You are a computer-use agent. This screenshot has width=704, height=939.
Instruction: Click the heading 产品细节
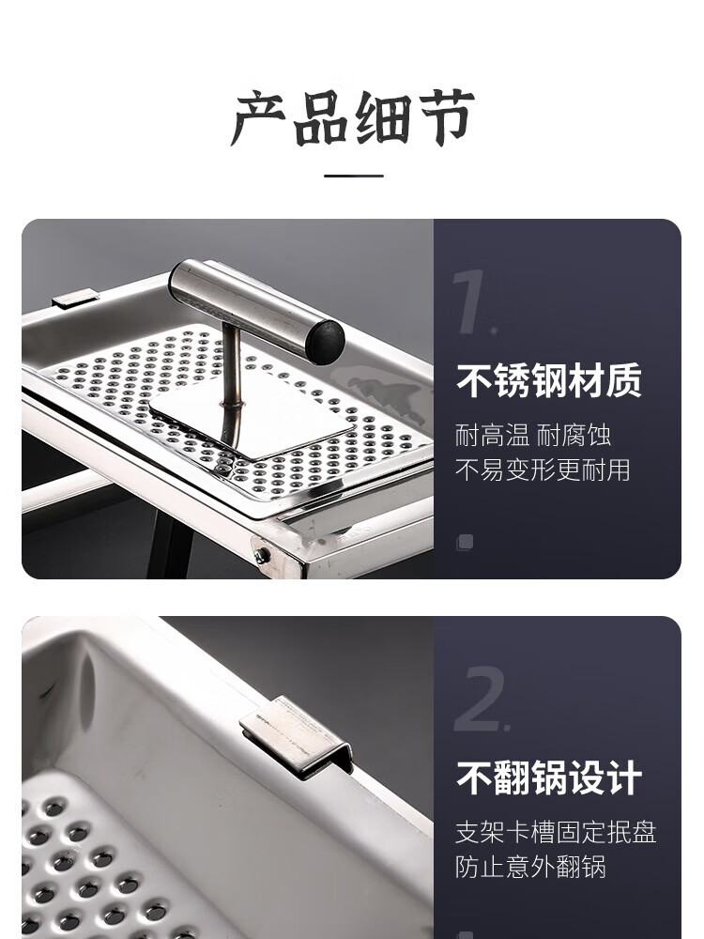(x=353, y=118)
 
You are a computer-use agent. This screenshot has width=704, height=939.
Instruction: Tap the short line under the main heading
(x=354, y=177)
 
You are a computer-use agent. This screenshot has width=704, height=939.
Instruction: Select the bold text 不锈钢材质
(x=548, y=381)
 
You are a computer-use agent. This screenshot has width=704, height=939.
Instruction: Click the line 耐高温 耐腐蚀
(x=533, y=436)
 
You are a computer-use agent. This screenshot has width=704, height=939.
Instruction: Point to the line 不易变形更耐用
(x=543, y=470)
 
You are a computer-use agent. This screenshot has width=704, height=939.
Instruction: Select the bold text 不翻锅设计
(x=548, y=777)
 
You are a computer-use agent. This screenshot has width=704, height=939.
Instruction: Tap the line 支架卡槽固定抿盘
(x=556, y=832)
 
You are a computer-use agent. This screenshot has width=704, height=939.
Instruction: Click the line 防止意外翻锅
(x=530, y=867)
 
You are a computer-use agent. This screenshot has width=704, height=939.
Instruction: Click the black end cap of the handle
(x=326, y=343)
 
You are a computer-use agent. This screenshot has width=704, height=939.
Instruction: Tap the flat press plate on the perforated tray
(x=252, y=419)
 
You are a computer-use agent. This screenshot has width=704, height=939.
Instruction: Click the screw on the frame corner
(x=261, y=556)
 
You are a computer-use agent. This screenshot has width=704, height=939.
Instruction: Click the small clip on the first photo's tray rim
(x=75, y=298)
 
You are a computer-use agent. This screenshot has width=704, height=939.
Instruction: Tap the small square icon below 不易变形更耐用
(x=466, y=543)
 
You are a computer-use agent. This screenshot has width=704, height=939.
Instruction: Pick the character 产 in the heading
(x=259, y=118)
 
